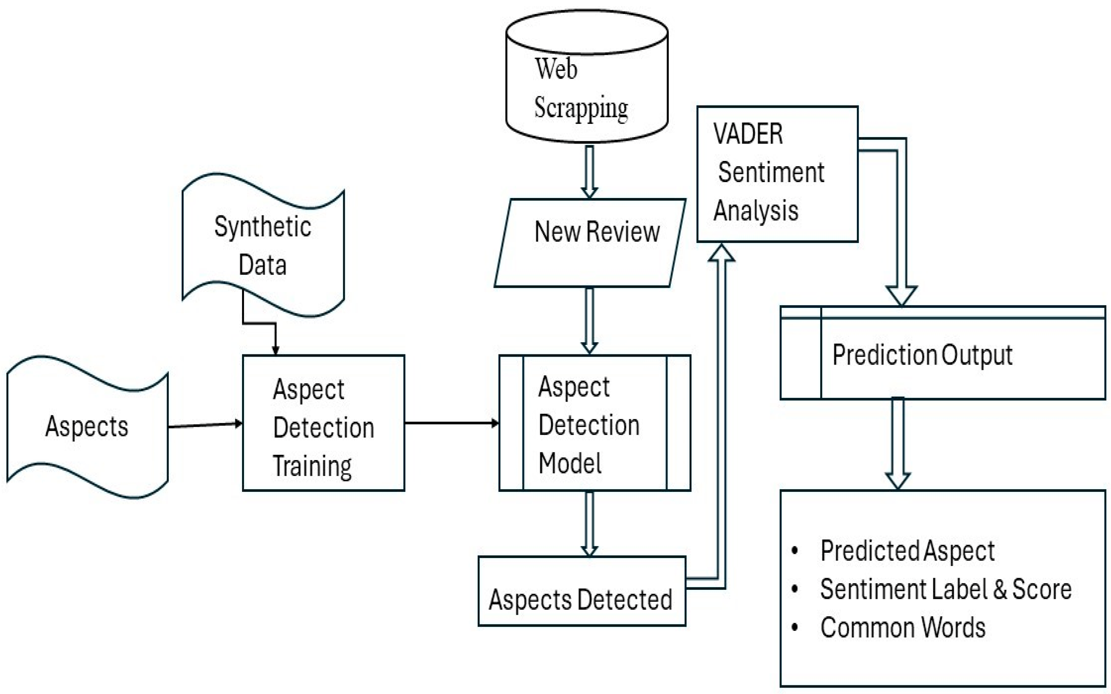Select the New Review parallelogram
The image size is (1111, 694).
pyautogui.click(x=589, y=243)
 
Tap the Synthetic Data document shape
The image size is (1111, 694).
pyautogui.click(x=263, y=246)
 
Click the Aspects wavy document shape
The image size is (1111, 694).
pyautogui.click(x=87, y=427)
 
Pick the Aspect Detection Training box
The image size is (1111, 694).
pyautogui.click(x=323, y=423)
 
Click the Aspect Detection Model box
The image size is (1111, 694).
pyautogui.click(x=594, y=423)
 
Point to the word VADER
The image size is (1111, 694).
pyautogui.click(x=747, y=134)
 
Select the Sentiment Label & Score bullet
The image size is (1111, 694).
pyautogui.click(x=945, y=589)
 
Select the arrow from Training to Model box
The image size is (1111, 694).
pyautogui.click(x=451, y=423)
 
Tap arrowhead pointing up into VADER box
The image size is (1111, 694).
pyautogui.click(x=722, y=254)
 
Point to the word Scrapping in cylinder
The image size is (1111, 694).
pyautogui.click(x=581, y=108)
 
